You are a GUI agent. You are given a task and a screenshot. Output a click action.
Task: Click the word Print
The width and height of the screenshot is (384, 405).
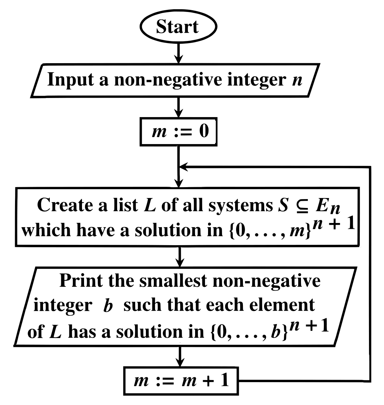coord(77,281)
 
